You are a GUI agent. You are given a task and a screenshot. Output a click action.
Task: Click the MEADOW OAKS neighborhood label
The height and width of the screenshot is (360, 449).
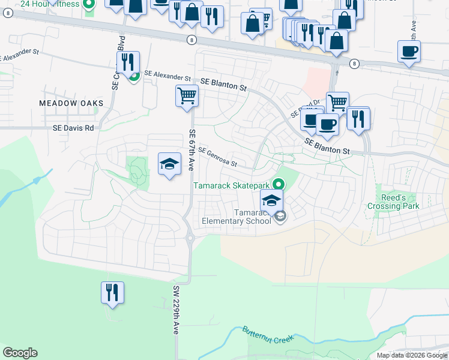pyautogui.click(x=71, y=103)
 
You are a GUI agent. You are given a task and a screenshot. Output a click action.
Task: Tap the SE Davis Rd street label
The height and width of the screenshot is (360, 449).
pyautogui.click(x=74, y=128)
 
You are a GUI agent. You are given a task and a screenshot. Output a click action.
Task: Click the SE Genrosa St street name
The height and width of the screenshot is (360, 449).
pyautogui.click(x=217, y=157)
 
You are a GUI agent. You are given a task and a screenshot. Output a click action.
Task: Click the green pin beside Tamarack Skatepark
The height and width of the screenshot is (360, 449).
pyautogui.click(x=277, y=184)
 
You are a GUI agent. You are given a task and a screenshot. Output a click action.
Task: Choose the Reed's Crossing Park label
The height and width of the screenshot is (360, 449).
pyautogui.click(x=399, y=202)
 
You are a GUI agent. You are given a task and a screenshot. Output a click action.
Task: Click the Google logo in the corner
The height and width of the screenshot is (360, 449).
pyautogui.click(x=20, y=353)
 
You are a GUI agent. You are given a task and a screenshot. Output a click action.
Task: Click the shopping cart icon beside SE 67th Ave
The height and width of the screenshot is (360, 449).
pyautogui.click(x=187, y=95)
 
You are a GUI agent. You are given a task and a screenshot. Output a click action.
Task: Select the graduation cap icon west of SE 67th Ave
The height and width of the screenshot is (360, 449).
pyautogui.click(x=170, y=163)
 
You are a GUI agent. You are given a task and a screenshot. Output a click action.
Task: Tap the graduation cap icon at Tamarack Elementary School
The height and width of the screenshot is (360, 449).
pyautogui.click(x=272, y=200)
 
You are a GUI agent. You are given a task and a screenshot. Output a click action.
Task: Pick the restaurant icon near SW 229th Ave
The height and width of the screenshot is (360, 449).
pyautogui.click(x=112, y=292)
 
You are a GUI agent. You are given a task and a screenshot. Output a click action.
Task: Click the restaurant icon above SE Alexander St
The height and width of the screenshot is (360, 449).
pyautogui.click(x=128, y=61)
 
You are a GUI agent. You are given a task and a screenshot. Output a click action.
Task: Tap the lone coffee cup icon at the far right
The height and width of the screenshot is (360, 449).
pyautogui.click(x=409, y=51)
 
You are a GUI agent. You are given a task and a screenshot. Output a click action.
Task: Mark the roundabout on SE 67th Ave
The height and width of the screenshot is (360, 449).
pyautogui.click(x=190, y=238)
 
